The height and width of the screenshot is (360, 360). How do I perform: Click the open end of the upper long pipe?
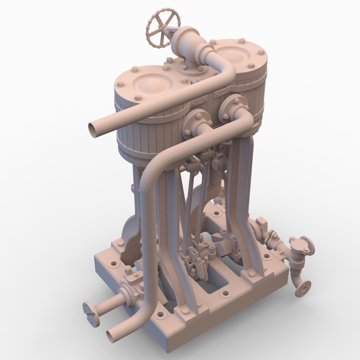[94, 130]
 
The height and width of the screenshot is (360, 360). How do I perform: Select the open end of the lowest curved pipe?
[112, 336]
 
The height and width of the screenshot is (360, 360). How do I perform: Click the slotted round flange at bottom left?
[91, 314]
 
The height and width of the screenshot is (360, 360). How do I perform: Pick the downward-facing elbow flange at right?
[303, 288]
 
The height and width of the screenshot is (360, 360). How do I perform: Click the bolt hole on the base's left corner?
[114, 263]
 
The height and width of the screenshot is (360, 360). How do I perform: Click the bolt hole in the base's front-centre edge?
[226, 294]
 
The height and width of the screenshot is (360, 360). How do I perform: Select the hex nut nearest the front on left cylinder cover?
[138, 98]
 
